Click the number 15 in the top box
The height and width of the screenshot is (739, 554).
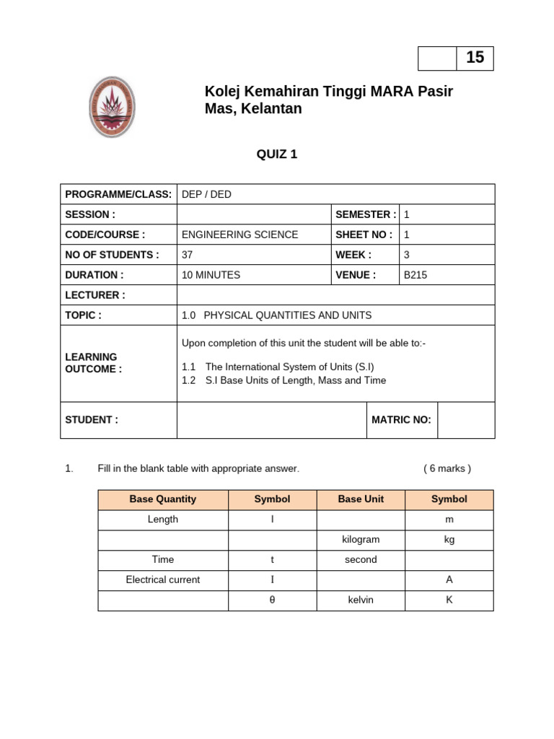pyautogui.click(x=475, y=58)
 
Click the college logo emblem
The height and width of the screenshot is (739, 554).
pyautogui.click(x=111, y=107)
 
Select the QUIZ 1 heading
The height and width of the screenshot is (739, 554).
pyautogui.click(x=277, y=153)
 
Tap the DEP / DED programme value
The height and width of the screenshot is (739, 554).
pyautogui.click(x=206, y=195)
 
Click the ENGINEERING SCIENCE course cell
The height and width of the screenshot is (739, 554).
pyautogui.click(x=239, y=235)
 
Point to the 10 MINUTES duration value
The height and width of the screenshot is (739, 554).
pyautogui.click(x=211, y=275)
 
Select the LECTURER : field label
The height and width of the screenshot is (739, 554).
pyautogui.click(x=95, y=295)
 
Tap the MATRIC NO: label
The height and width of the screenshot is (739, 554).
pyautogui.click(x=401, y=420)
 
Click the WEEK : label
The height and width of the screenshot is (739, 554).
pyautogui.click(x=353, y=255)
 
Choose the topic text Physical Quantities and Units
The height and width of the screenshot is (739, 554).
pyautogui.click(x=276, y=315)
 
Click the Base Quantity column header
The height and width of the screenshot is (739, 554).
pyautogui.click(x=162, y=499)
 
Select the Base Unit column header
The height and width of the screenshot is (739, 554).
pyautogui.click(x=361, y=499)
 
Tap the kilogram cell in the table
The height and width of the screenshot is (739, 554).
pyautogui.click(x=361, y=540)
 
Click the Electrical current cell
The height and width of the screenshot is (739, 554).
pyautogui.click(x=162, y=580)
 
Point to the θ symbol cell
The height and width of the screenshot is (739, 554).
pyautogui.click(x=272, y=600)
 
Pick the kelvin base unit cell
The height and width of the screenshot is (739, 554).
pyautogui.click(x=361, y=600)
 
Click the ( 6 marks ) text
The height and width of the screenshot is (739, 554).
pyautogui.click(x=447, y=468)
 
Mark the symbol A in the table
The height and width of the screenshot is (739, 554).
pyautogui.click(x=449, y=580)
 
